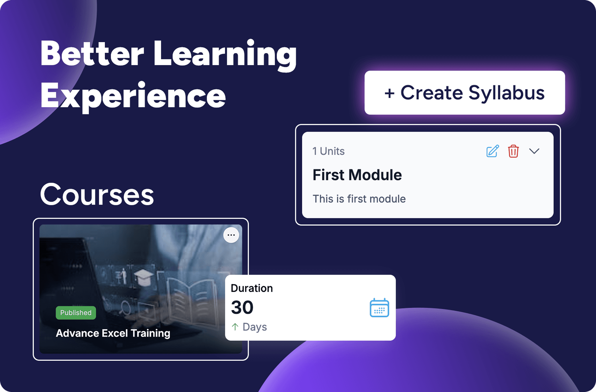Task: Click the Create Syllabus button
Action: [464, 93]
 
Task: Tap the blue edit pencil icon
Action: [492, 151]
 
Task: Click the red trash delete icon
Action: [513, 151]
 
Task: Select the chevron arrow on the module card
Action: [534, 151]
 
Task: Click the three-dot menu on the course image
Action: [231, 235]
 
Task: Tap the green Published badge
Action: [76, 313]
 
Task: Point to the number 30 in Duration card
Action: [242, 308]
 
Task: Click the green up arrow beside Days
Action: [235, 327]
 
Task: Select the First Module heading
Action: [357, 175]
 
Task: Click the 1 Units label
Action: [328, 151]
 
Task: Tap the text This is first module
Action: [359, 199]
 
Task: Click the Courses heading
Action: [97, 195]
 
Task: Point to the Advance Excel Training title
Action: [113, 333]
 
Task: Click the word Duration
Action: [252, 288]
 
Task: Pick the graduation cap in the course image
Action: [143, 277]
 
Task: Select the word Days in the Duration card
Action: [255, 327]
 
